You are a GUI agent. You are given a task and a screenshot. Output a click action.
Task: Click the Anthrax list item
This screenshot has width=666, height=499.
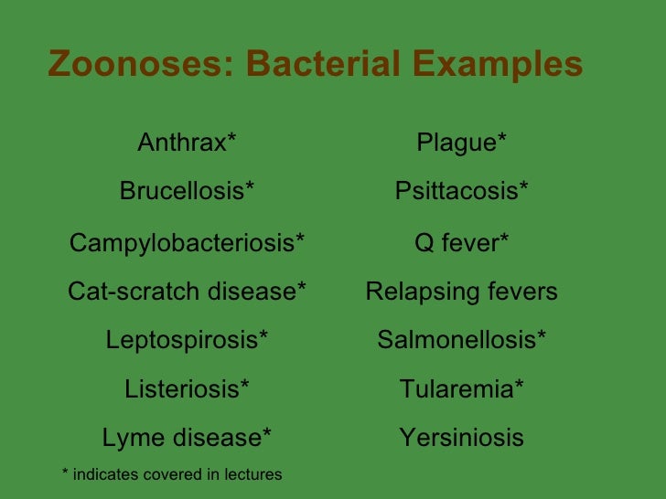click(x=187, y=143)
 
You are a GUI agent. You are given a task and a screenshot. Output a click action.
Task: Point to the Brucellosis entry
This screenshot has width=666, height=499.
click(x=187, y=191)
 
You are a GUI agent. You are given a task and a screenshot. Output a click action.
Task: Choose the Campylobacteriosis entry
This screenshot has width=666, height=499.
click(x=187, y=243)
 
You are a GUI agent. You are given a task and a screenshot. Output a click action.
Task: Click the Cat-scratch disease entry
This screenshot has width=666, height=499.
click(x=187, y=292)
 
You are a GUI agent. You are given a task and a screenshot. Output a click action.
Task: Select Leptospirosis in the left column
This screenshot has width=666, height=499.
click(x=187, y=341)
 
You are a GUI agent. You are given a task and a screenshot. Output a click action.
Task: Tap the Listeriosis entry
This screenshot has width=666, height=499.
click(x=187, y=389)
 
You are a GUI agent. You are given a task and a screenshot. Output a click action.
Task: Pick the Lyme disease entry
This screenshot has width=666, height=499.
click(x=187, y=438)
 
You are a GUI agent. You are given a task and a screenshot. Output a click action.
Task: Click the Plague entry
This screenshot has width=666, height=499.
click(x=461, y=143)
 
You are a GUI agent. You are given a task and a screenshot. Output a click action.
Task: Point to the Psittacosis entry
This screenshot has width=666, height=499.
click(x=461, y=191)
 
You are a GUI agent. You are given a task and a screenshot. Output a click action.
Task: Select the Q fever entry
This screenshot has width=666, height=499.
click(x=461, y=243)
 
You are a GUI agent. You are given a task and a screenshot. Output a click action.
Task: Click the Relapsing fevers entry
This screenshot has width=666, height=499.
click(x=461, y=292)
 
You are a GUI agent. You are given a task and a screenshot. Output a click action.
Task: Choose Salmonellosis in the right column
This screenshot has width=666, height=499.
click(x=461, y=341)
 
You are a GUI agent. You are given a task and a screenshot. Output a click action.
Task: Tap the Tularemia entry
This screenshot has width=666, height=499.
click(x=461, y=389)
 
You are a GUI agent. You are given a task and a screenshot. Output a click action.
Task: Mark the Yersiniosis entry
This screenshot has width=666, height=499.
click(x=461, y=438)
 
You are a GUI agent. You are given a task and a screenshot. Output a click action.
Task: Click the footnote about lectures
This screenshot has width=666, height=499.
click(x=171, y=473)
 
